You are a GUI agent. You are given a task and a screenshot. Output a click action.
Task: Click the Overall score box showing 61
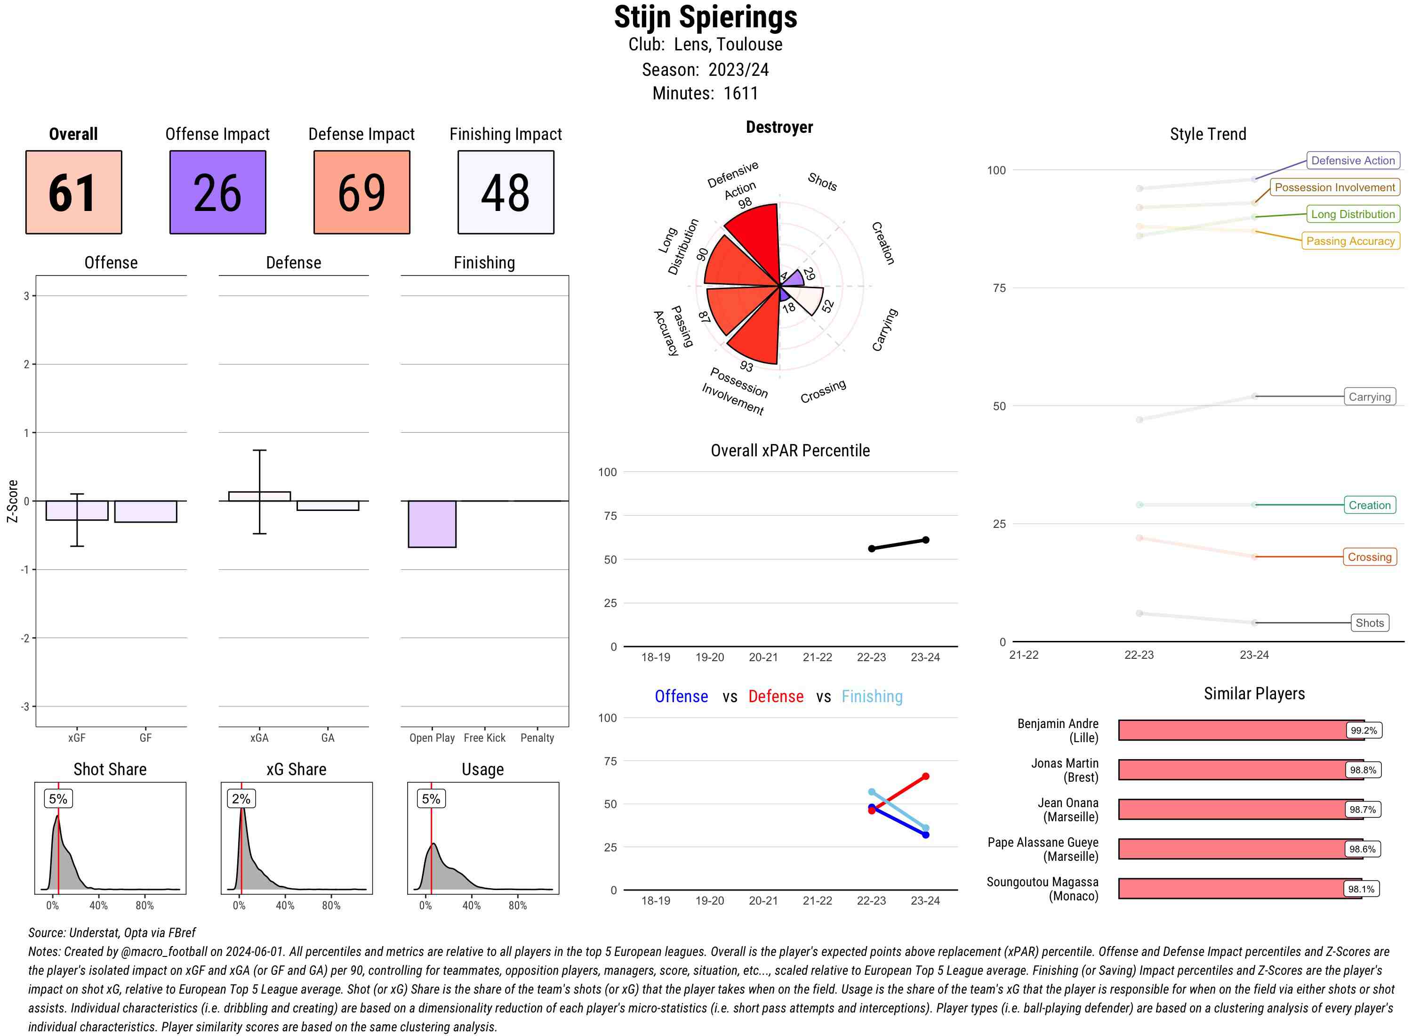73,192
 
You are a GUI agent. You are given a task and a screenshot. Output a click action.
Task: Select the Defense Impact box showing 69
361,192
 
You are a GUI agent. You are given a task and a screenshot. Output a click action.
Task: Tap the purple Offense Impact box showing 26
217,192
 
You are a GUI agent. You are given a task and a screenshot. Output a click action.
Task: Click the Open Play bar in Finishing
432,524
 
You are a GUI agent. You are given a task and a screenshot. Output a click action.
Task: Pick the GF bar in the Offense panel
145,511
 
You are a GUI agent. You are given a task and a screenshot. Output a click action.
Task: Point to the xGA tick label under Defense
259,738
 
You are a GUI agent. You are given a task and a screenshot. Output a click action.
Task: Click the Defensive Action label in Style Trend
1353,161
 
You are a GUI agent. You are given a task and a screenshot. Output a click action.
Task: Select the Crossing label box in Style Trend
1369,557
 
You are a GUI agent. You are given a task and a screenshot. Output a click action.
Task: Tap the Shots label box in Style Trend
1369,623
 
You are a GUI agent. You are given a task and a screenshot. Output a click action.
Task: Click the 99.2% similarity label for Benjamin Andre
1363,730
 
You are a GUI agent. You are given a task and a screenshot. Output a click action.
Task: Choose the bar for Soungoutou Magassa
1240,889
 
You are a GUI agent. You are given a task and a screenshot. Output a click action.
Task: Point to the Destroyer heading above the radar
779,127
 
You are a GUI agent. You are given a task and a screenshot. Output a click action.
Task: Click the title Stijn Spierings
706,17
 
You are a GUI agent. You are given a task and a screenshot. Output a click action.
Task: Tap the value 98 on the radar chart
745,203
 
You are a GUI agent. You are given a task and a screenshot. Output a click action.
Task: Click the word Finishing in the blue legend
872,697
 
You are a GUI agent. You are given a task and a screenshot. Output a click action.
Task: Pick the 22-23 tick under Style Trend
1139,655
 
